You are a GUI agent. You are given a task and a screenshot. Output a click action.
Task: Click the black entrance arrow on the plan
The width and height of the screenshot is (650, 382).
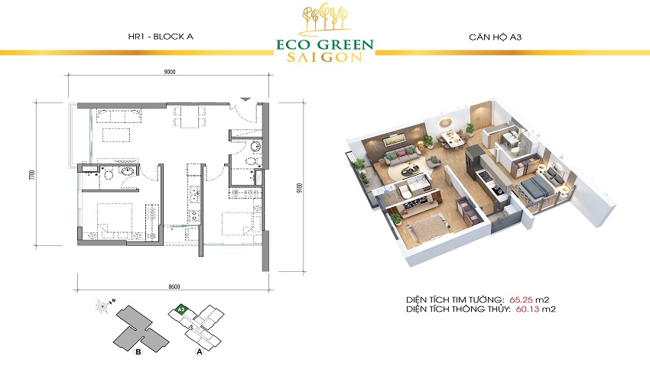coord(245,99)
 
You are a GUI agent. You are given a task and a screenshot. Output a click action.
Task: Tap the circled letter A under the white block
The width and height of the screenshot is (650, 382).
coord(199,354)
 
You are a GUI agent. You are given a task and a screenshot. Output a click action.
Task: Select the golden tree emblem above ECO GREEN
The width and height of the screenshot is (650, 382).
coord(324,18)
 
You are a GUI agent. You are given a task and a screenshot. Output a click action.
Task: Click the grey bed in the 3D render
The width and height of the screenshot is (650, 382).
coord(537,186)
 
